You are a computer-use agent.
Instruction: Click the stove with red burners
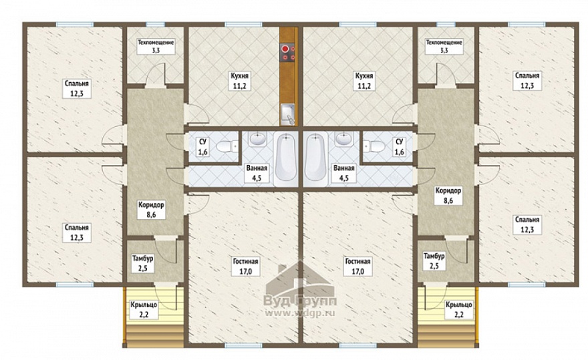[288, 53]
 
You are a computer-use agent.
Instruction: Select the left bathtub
[286, 158]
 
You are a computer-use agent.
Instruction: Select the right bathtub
[315, 158]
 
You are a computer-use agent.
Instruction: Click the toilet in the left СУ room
[228, 146]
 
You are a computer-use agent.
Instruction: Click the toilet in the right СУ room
[374, 146]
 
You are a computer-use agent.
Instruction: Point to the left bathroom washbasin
[257, 139]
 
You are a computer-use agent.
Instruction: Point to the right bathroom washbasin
[344, 139]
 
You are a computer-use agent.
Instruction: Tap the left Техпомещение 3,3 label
[156, 46]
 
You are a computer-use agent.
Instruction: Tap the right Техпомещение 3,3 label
[444, 46]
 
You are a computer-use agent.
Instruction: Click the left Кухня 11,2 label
[240, 81]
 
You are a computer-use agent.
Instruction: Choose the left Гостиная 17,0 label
[246, 266]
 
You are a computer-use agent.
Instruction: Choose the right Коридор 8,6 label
[448, 196]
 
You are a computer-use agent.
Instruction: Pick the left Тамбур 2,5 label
[142, 263]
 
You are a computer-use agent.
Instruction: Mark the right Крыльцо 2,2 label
[458, 310]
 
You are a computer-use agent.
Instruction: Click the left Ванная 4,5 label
[257, 173]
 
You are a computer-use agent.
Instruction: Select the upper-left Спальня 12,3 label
[76, 89]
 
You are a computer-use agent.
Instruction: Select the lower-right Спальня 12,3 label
[527, 224]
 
